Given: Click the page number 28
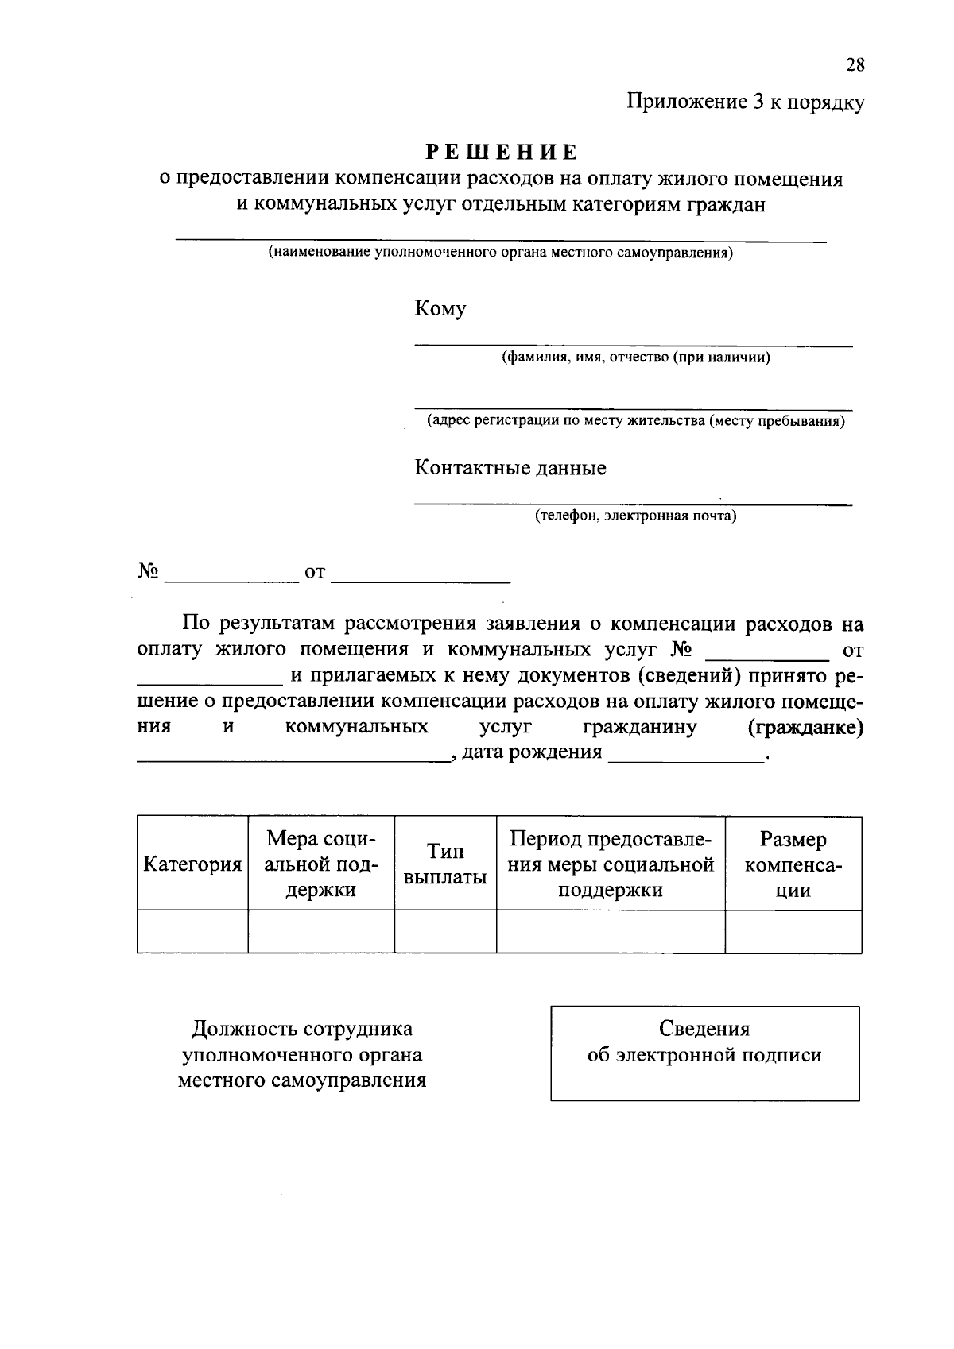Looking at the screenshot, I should [855, 65].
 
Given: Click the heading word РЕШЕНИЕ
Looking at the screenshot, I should [502, 151].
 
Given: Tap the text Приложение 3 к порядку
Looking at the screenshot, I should [745, 102].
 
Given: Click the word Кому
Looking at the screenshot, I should [440, 309].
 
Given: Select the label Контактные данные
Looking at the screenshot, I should [510, 468].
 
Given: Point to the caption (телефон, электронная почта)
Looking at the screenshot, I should [635, 516].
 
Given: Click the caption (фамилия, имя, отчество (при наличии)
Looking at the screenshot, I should [635, 358].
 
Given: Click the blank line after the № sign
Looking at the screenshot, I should [230, 574].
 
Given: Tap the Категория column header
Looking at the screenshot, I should [192, 864].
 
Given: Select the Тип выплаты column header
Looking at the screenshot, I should [445, 864].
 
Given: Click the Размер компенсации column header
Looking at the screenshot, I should [793, 864].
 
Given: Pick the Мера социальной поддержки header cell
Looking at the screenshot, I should [320, 864].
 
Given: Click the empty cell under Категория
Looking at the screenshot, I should [192, 932].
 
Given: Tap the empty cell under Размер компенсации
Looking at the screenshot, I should [793, 932].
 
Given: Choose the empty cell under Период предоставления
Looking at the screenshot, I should [610, 932].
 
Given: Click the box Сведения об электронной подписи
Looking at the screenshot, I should [704, 1053].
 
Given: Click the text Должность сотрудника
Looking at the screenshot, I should [302, 1030].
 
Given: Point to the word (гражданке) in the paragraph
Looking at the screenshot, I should [805, 728].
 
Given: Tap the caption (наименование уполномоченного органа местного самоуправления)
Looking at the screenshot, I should [500, 253].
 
